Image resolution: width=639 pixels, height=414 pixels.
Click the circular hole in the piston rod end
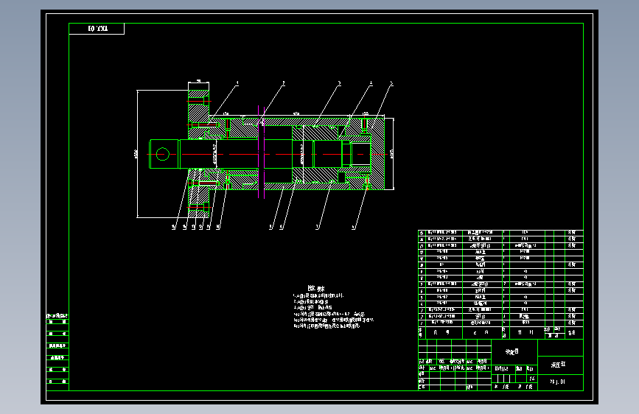click(162, 153)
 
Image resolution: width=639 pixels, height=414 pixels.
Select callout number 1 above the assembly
click(238, 83)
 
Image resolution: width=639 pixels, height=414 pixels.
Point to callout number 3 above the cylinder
click(339, 83)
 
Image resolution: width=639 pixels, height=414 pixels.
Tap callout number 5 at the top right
click(391, 83)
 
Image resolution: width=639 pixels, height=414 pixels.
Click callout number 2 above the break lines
click(284, 83)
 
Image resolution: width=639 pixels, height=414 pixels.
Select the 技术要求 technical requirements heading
click(316, 289)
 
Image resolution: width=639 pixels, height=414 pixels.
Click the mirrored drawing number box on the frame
click(97, 29)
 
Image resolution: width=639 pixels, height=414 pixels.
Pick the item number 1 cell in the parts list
click(422, 322)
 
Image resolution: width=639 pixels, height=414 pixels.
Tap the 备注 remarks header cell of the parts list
click(571, 332)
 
